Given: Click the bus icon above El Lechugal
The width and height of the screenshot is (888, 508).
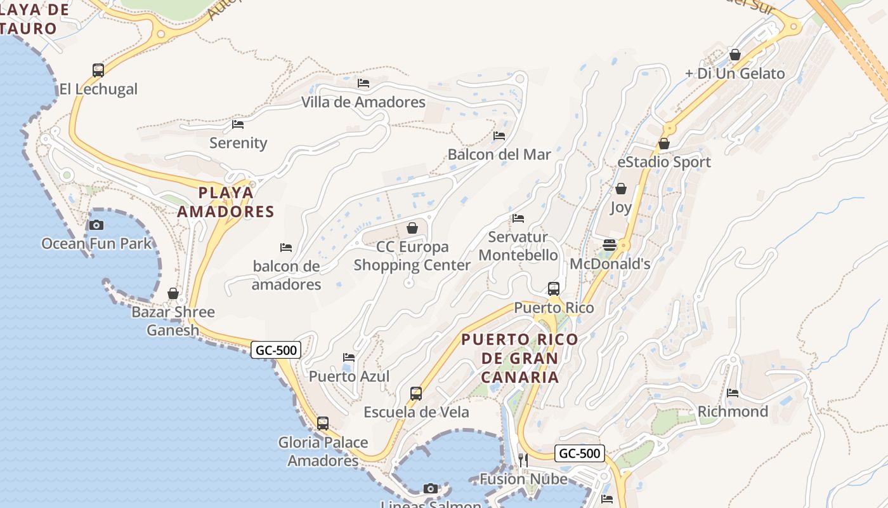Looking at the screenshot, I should pos(98,70).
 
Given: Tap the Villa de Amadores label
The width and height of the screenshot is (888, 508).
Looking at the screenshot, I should pos(363,102).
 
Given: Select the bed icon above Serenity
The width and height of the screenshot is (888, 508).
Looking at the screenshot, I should pos(238,124).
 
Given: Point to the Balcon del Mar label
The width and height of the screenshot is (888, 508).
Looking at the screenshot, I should pos(499,154).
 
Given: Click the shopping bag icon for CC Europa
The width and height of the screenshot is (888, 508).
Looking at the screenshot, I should pos(412,228).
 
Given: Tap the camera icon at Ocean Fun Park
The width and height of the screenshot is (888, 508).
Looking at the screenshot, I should pos(96,225).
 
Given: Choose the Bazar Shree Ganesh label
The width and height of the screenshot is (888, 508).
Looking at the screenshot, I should pos(173,321).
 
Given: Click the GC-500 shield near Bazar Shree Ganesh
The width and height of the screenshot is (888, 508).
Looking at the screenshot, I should pos(275,350).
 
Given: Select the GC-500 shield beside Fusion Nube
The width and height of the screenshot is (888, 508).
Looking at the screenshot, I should pos(579,453).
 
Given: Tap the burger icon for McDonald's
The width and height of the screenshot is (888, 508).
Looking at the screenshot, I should pos(610,245).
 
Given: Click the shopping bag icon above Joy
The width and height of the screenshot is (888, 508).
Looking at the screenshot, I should pos(621,189).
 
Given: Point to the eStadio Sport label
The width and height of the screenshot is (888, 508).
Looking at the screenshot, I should pos(664,162).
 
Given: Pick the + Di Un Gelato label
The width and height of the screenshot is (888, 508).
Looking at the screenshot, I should pos(735,74).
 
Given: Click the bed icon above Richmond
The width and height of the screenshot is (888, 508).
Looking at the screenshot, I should pos(733,393).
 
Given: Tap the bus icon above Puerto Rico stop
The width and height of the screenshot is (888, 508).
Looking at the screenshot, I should pos(554,289).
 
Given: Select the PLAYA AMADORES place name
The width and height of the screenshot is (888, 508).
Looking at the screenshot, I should pos(225,202).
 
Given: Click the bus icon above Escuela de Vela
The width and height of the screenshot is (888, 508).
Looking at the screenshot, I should pos(416,394).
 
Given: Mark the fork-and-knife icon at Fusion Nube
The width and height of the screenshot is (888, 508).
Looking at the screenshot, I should pos(523,460).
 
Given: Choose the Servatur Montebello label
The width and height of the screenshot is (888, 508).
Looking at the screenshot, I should pos(518,246).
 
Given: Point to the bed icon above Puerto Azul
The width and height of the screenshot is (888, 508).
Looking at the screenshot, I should pos(349,358).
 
